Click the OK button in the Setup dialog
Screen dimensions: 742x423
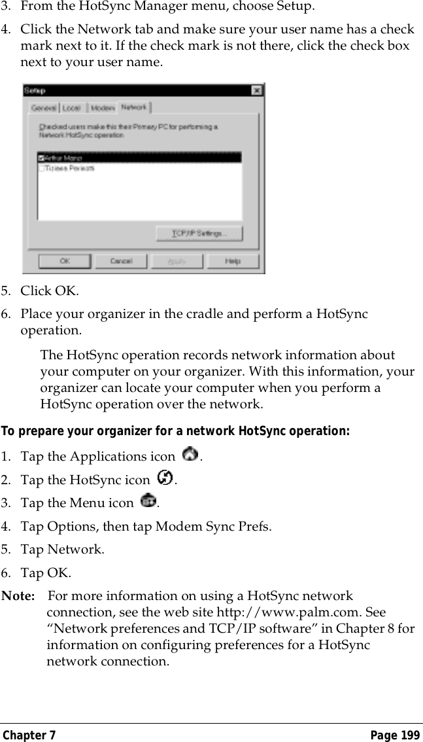coord(64,261)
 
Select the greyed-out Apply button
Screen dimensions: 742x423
coord(177,261)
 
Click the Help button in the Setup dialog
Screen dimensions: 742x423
coord(233,261)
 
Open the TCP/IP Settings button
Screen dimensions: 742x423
coord(199,234)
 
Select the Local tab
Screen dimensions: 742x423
coord(72,107)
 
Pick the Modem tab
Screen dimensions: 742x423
coord(101,107)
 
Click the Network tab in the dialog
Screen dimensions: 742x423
coord(133,107)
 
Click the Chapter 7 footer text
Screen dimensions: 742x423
coord(29,735)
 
